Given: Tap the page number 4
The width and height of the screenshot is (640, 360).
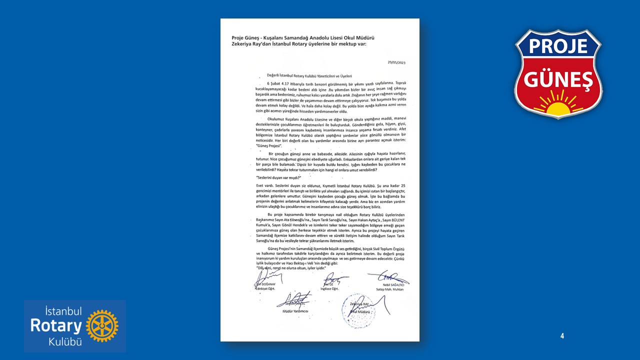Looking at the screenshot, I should tap(562, 336).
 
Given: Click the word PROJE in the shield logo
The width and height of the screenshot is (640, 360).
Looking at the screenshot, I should tap(558, 46).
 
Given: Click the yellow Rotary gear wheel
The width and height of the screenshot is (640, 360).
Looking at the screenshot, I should tap(102, 326).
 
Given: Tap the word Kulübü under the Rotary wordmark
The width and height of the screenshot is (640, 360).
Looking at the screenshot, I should tap(65, 342).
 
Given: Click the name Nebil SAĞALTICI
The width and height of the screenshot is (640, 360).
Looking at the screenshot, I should tap(389, 284).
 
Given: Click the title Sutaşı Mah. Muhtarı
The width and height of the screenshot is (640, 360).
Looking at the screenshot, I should tap(389, 289).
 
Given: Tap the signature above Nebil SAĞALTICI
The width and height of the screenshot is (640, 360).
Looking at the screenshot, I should tap(388, 276).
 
